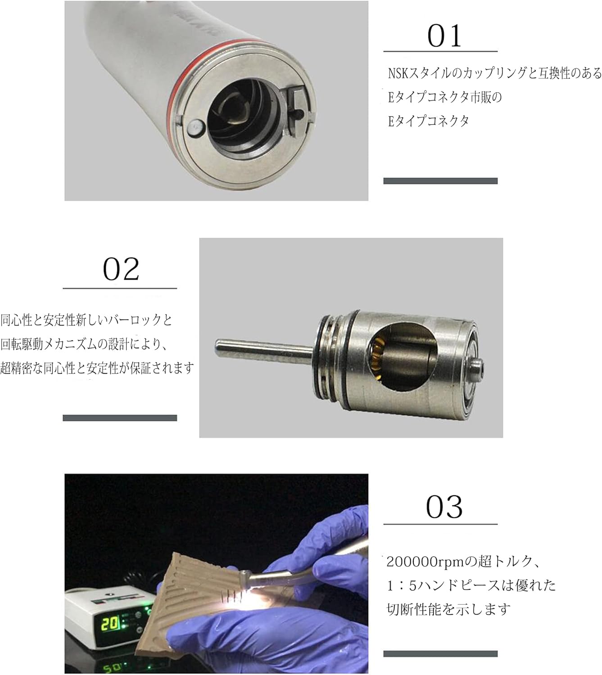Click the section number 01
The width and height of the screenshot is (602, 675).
point(444,36)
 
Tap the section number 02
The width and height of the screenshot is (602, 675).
point(120,269)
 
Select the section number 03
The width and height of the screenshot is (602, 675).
point(444,507)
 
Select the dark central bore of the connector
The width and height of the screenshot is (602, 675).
point(241,112)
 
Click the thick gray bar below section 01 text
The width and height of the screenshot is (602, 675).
point(440,181)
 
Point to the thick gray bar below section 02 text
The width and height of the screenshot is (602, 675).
point(119,418)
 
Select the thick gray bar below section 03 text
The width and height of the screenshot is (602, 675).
point(440,653)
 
